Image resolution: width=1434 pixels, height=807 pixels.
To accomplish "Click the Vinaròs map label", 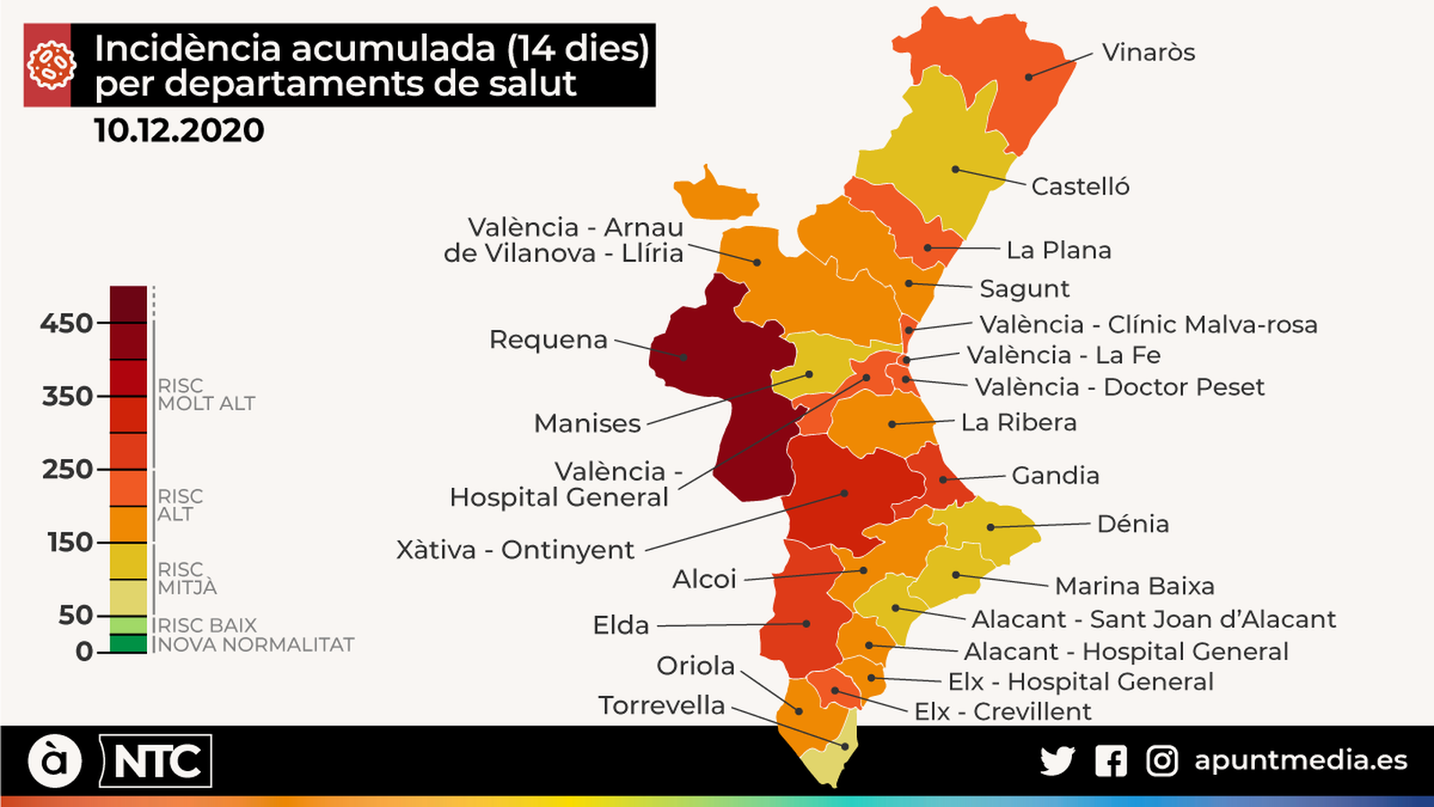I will (x=1148, y=52).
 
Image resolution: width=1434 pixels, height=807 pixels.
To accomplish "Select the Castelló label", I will (x=1080, y=187).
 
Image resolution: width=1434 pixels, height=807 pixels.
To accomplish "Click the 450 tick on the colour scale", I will (x=67, y=323).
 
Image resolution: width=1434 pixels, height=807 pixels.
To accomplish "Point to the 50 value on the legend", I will (x=75, y=615).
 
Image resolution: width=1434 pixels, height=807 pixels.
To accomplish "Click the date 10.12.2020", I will (x=179, y=131).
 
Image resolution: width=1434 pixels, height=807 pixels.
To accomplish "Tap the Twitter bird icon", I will (x=1058, y=761).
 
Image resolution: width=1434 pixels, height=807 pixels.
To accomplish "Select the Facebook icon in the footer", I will (x=1110, y=761).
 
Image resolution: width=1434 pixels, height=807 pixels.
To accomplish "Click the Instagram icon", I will (x=1162, y=761).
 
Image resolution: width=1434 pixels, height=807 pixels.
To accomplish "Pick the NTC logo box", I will (x=156, y=761).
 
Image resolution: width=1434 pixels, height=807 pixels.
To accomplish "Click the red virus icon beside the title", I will (x=48, y=65).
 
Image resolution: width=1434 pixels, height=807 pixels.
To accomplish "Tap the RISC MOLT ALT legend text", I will (x=205, y=395).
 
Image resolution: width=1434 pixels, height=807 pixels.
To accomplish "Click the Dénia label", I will (x=1133, y=524).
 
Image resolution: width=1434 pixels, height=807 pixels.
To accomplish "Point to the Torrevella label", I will (x=661, y=706).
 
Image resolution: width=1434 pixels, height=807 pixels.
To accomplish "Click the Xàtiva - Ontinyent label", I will (x=515, y=550).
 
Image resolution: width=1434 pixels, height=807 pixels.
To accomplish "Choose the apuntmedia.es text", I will (x=1300, y=760).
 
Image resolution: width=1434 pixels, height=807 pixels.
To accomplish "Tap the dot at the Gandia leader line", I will (x=943, y=480).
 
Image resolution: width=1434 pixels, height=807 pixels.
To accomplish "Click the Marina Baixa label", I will (x=1135, y=586).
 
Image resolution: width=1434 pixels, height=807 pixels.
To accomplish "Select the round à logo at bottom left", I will (x=55, y=761).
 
